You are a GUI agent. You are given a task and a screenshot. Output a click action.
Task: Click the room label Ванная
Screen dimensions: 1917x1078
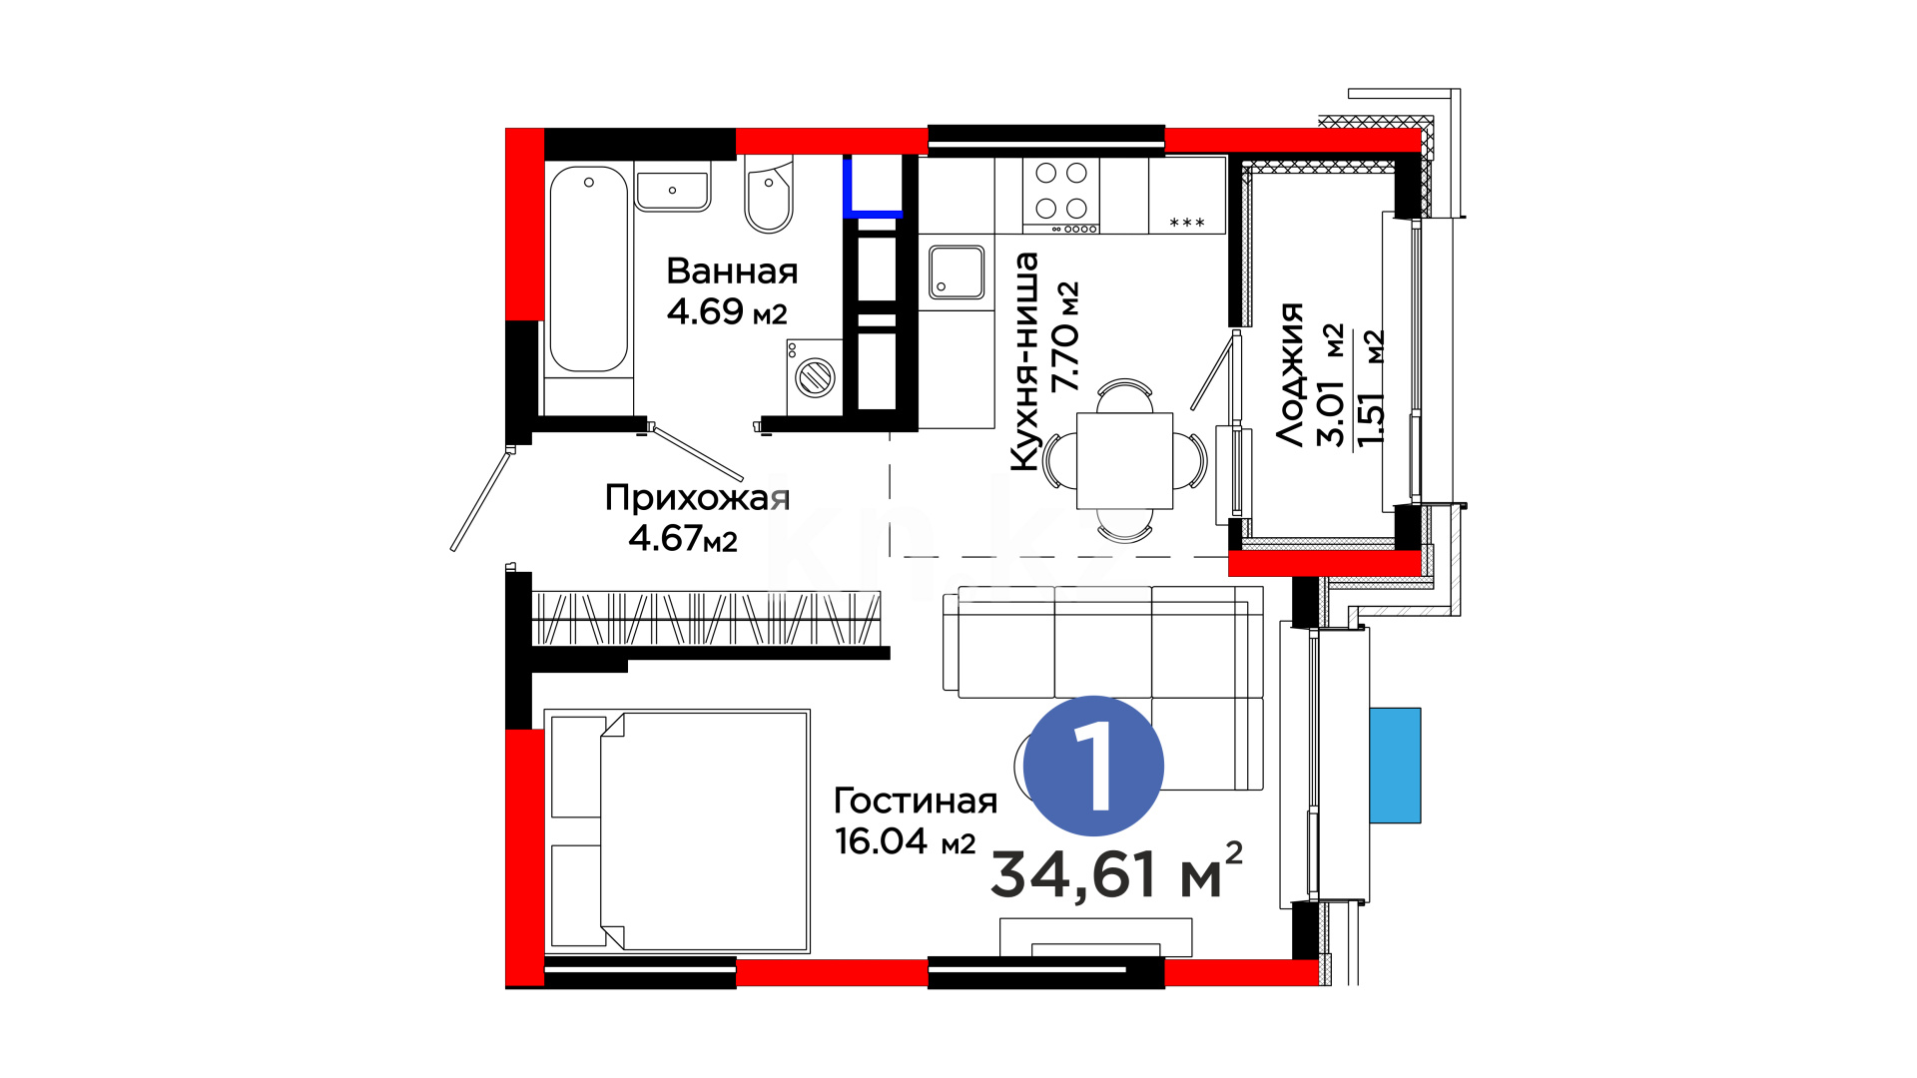732,270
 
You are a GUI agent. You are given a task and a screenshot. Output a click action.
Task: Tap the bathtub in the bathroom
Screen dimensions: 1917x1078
589,269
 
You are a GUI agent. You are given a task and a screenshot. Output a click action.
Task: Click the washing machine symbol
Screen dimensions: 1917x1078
814,377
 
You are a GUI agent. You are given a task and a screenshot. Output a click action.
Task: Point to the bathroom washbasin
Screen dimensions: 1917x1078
673,190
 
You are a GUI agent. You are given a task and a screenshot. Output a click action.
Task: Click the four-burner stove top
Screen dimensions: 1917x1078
1060,196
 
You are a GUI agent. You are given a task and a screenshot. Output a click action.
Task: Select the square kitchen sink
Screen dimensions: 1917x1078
957,272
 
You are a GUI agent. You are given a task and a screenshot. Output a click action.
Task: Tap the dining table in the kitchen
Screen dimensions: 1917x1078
1124,460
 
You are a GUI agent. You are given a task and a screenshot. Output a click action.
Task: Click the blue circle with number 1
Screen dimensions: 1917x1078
1094,766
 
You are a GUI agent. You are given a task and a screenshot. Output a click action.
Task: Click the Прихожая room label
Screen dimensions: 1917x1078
697,497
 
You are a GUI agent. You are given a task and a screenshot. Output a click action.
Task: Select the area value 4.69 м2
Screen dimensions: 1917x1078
727,311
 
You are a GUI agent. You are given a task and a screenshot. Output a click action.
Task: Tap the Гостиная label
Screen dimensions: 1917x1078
916,801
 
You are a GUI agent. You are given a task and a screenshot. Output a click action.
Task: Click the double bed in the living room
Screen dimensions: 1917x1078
677,830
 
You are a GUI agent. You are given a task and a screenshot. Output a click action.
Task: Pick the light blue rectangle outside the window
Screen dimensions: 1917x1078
1395,766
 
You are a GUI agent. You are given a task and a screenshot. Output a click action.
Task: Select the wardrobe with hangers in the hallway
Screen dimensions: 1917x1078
707,619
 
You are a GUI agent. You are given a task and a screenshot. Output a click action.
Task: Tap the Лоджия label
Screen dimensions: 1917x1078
1290,374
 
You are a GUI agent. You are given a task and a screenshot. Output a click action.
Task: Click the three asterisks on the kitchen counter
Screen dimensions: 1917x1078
1187,223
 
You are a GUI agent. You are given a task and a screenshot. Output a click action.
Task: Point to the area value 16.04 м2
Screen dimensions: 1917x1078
905,841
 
